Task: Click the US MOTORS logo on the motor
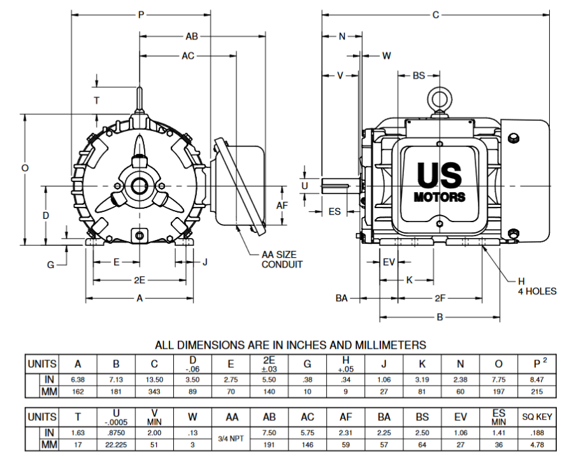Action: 440,181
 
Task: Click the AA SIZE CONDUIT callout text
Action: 282,259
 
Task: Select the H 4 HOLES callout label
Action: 536,286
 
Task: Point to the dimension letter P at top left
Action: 141,14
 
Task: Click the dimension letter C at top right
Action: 436,14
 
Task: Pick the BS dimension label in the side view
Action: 418,75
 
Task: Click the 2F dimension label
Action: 440,297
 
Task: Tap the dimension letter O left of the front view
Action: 25,168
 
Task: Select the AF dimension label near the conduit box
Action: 282,206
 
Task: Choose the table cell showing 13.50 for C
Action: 155,380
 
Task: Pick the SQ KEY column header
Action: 536,418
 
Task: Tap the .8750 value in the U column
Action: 116,433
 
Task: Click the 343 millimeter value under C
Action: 155,391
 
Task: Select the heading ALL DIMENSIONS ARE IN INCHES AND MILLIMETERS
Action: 291,345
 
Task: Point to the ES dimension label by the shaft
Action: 334,211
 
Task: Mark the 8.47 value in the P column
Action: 536,380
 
